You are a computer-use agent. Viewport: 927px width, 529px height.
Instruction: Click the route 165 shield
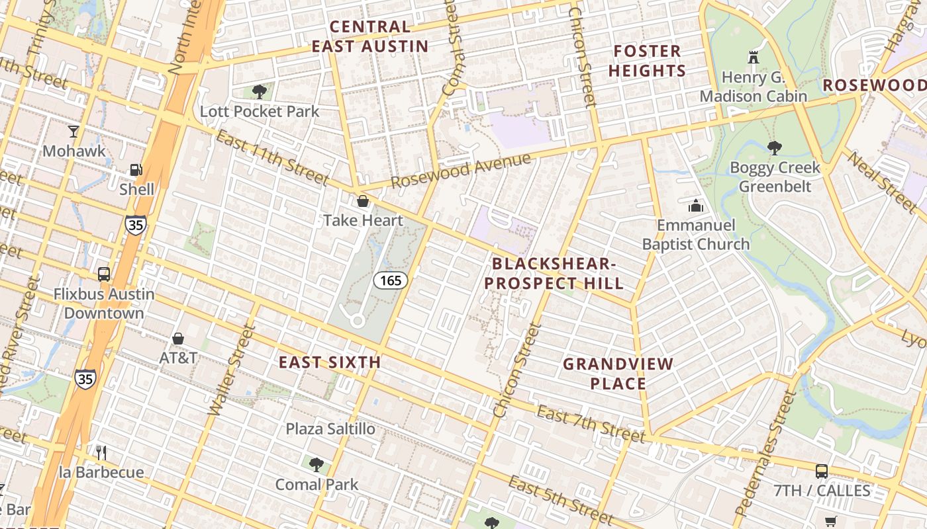click(390, 280)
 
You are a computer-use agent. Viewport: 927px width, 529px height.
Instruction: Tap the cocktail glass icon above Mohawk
click(73, 132)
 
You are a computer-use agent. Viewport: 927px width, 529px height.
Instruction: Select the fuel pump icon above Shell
click(136, 170)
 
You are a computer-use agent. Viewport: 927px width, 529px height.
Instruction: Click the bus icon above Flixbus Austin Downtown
click(103, 274)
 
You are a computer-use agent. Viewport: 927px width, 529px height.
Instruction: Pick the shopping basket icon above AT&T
click(177, 339)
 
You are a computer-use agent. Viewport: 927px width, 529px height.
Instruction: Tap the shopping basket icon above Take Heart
click(362, 201)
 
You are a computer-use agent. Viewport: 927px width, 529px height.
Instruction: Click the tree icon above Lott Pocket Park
click(259, 91)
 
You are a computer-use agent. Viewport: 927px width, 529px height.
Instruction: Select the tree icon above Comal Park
click(317, 464)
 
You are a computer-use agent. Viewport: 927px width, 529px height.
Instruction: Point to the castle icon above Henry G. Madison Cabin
click(753, 58)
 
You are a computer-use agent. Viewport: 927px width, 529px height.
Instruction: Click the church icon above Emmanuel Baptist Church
click(695, 206)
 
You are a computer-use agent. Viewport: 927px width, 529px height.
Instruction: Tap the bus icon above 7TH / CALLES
click(821, 471)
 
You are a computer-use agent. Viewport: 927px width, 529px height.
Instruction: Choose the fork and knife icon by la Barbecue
click(101, 452)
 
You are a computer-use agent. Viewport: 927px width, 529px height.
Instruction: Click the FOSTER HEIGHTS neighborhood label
click(647, 61)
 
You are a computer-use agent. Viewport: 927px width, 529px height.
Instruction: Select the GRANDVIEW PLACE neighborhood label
click(609, 374)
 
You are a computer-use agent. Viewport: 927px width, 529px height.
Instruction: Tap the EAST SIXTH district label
click(329, 362)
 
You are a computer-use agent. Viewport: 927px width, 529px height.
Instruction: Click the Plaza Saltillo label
click(330, 429)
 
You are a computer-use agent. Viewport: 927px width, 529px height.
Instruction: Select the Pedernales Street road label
click(765, 452)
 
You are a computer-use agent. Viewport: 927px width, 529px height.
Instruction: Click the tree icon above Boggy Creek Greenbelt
click(774, 147)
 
